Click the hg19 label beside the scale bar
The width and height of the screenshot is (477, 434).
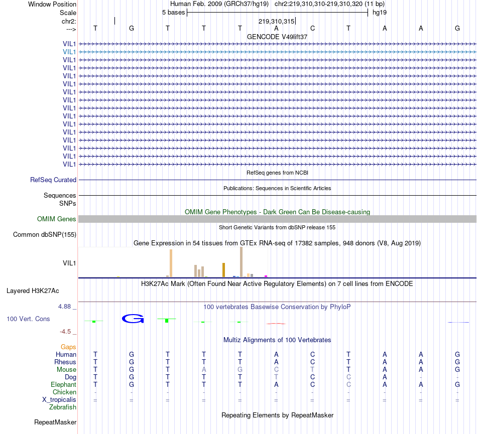point(379,12)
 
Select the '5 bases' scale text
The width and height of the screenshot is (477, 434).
point(173,12)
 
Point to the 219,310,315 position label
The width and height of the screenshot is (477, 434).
point(276,21)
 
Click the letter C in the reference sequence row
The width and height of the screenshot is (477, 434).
point(312,28)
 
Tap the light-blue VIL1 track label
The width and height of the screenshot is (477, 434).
point(69,52)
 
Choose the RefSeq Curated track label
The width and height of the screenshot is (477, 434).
point(53,180)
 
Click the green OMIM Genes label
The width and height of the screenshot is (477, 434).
point(57,219)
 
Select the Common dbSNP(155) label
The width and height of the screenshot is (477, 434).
point(45,234)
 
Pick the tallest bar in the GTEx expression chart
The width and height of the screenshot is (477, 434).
point(242,261)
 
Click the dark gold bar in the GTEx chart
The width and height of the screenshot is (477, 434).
point(223,269)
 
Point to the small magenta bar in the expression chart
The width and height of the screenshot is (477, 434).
point(266,275)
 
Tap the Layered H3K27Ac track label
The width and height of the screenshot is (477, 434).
point(33,291)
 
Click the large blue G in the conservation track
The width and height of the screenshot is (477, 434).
point(133,318)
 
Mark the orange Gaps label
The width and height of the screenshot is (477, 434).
point(68,347)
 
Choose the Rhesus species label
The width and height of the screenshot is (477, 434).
point(65,362)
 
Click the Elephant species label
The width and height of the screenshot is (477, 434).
point(64,384)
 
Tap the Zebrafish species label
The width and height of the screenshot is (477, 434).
point(63,407)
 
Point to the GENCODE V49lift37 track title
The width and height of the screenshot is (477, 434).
point(277,37)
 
